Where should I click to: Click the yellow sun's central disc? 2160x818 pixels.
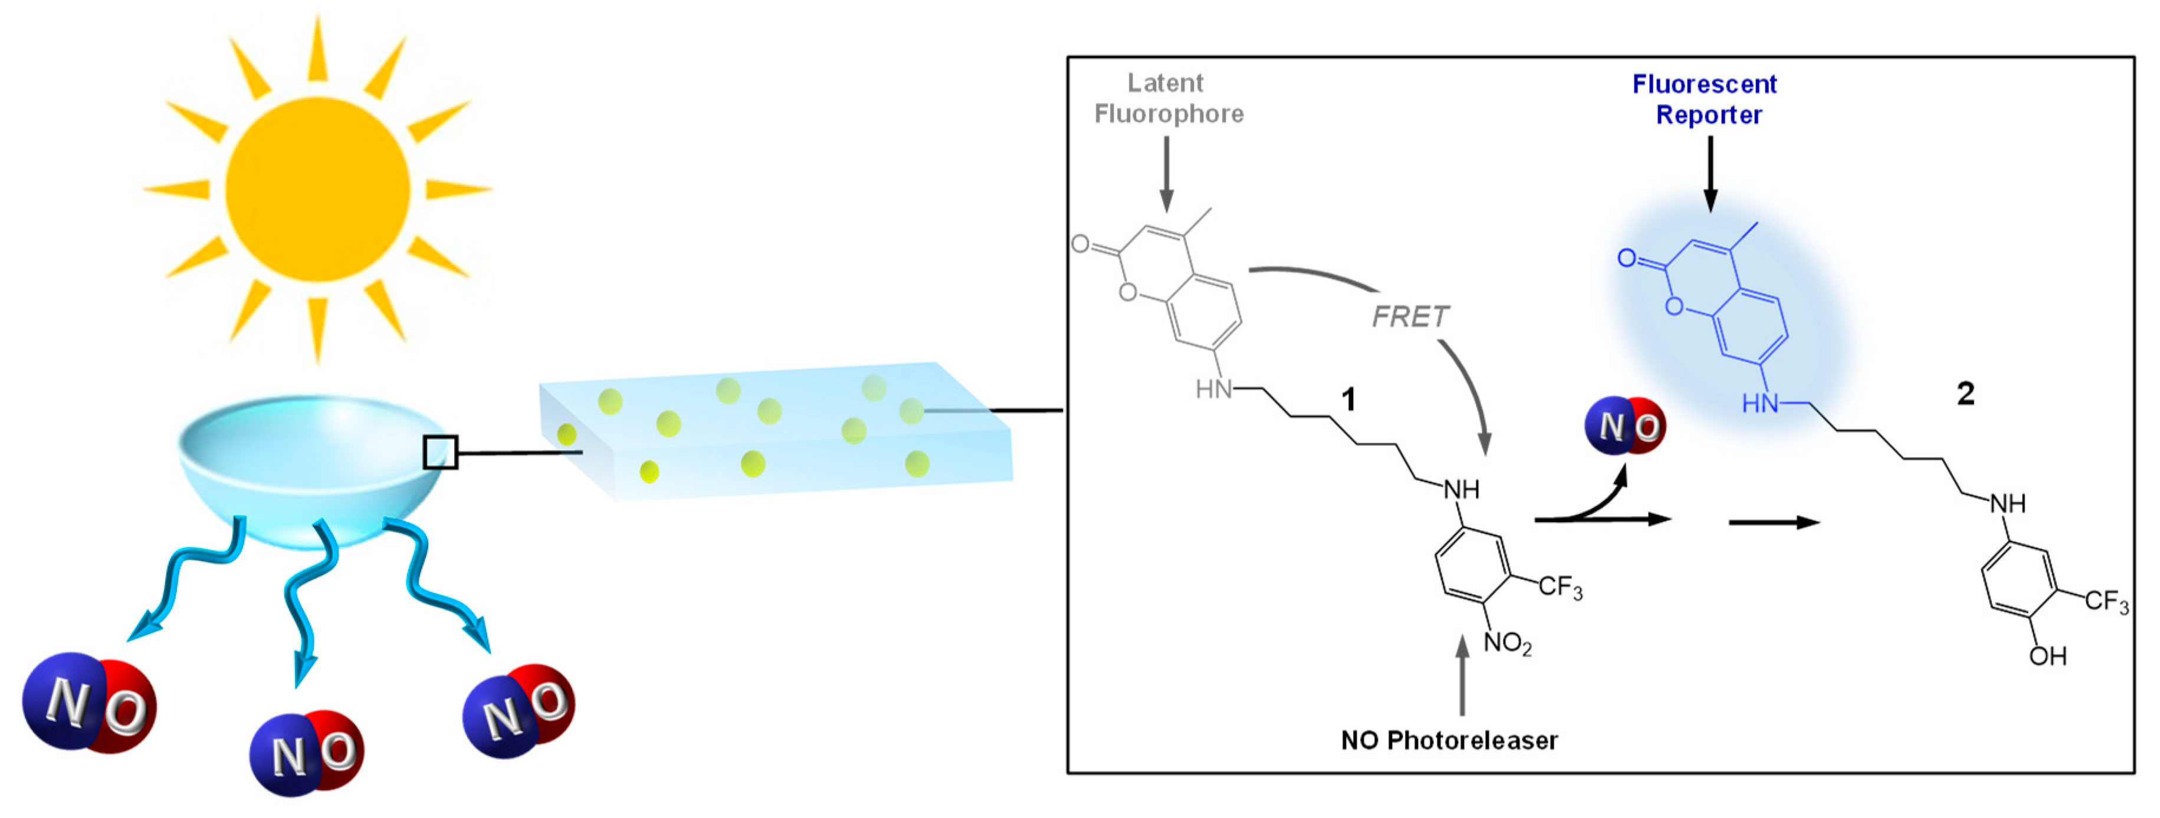point(317,189)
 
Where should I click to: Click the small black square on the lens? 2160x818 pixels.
point(440,453)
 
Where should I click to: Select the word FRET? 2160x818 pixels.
point(1410,317)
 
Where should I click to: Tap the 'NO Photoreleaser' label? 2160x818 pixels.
point(1449,740)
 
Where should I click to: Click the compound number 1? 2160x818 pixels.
point(1348,400)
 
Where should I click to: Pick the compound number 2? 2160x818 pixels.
point(1965,393)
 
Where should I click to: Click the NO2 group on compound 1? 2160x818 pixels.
point(1507,644)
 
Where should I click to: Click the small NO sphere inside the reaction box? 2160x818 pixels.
point(1624,426)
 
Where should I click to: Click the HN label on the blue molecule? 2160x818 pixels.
point(1760,404)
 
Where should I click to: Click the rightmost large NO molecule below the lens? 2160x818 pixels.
point(519,711)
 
